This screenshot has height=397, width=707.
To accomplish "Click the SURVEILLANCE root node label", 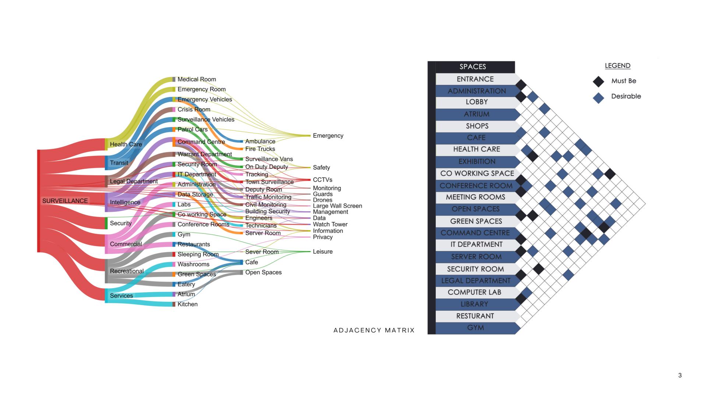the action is coord(65,201).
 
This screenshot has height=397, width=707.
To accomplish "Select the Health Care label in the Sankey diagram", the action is coord(126,144).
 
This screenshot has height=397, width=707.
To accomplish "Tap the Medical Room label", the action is coord(197,79).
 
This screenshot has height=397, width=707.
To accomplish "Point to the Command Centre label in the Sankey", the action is coord(201,142).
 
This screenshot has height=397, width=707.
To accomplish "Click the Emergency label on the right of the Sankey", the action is coord(328,136).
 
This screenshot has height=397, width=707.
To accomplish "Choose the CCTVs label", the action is coord(322,180).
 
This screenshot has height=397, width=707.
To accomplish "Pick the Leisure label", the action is coord(322,252).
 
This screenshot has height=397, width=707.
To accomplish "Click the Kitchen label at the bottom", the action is coord(187,304).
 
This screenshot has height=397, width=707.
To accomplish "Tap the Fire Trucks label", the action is coord(260,149).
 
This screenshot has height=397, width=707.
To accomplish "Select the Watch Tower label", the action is coord(330,224).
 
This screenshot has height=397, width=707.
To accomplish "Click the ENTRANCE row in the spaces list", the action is coord(475,79).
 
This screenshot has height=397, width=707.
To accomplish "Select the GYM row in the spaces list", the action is coord(475,328).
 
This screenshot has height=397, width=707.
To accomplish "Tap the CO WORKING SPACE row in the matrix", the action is coord(477,174).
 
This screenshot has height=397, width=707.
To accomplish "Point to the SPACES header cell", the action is coord(473,67).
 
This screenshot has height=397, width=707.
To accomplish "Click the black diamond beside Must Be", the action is coord(598,81).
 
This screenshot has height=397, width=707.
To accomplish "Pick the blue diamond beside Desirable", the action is coord(598,98).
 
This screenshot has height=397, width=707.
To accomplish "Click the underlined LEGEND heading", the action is coord(617,66).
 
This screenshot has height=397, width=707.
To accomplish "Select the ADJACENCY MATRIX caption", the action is coord(374,330).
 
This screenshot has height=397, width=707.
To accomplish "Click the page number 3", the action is coord(680,375).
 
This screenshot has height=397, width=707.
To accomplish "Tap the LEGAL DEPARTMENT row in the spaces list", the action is coord(476,281).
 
